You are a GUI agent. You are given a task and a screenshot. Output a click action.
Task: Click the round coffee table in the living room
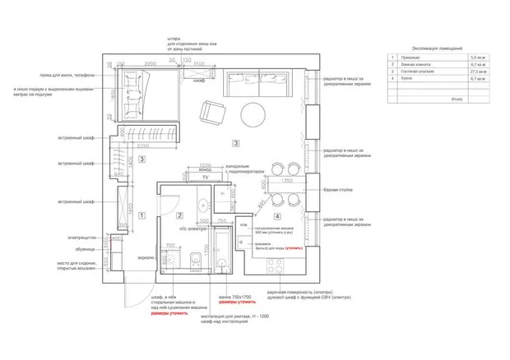pos(253,113)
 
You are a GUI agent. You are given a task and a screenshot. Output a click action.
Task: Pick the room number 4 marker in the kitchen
pos(277,217)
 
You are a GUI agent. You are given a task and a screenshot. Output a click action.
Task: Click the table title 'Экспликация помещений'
pos(429,50)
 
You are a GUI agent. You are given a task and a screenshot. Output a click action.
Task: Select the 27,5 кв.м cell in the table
pos(476,72)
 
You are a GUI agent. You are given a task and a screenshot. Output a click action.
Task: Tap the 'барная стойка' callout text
pos(336,190)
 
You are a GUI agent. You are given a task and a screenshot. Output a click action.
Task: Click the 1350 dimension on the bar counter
pos(288,179)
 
